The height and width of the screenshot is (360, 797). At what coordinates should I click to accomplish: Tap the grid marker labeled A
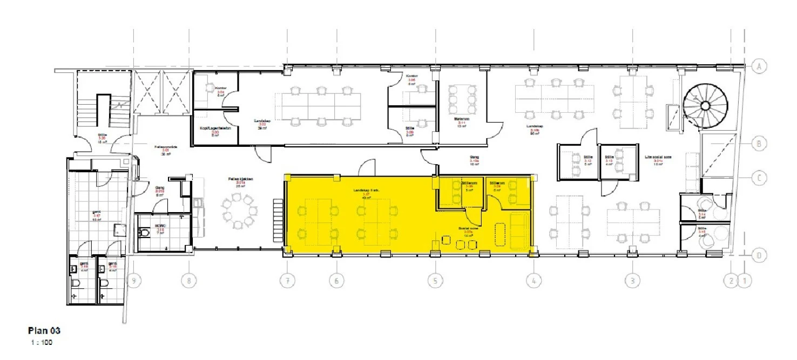(759, 66)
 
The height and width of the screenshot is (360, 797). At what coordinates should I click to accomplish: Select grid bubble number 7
(287, 281)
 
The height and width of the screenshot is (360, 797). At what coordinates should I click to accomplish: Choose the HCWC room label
(160, 226)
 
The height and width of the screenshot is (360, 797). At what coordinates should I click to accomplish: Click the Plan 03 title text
(44, 330)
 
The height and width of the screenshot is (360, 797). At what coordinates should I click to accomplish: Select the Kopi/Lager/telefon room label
(214, 130)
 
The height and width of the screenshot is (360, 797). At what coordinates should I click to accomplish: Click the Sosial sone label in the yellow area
(467, 229)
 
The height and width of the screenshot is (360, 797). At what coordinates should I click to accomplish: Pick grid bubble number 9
(134, 281)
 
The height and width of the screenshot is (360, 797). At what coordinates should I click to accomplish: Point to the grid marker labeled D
(759, 254)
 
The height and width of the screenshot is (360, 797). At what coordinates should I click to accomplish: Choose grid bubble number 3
(632, 281)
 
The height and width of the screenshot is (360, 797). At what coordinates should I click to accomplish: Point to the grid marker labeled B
(759, 144)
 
